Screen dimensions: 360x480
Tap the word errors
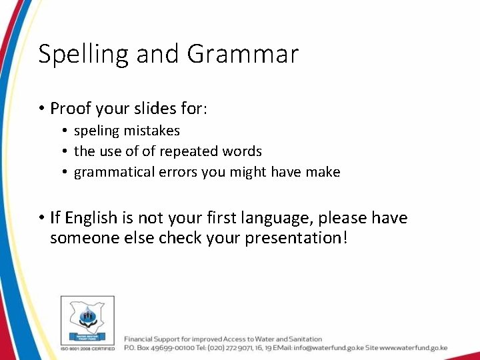point(177,172)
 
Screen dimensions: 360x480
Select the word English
point(90,218)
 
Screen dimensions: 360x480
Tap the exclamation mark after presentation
point(344,238)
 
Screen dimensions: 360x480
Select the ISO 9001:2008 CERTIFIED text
point(87,348)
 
